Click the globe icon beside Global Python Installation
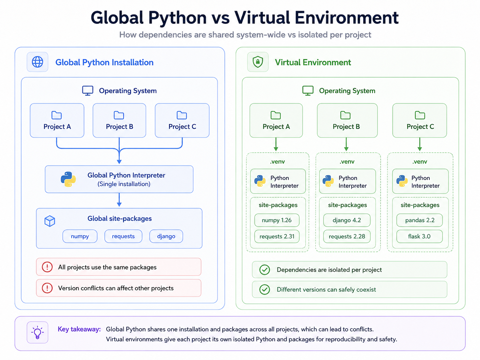pos(37,62)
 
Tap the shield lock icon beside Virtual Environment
pos(258,62)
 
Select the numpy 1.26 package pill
pos(276,220)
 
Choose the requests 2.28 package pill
pos(347,236)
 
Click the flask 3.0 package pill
pos(419,236)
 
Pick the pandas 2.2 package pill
pos(419,220)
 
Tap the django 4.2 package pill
pos(347,220)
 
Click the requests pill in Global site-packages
pos(123,236)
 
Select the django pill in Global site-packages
pos(166,236)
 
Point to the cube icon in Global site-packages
pos(50,221)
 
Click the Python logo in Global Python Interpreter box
pos(68,179)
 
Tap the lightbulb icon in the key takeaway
pos(37,332)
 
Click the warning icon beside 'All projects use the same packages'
pos(47,267)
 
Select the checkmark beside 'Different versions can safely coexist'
pos(265,289)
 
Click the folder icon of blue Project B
pos(119,115)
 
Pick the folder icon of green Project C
pos(420,115)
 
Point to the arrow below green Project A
pos(276,144)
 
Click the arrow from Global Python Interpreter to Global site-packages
pos(119,200)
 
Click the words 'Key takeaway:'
pos(79,329)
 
